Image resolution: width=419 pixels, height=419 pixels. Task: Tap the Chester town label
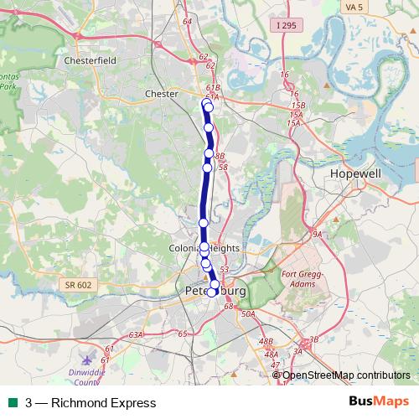pos(162,94)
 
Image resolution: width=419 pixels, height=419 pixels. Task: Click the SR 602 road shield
pos(77,285)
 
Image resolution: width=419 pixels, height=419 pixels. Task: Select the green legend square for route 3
pos(13,403)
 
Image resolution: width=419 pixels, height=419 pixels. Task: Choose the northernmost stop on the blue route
pos(208,106)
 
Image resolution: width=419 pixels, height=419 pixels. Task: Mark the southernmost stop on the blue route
pos(212,292)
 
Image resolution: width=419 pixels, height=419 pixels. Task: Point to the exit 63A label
pos(136,334)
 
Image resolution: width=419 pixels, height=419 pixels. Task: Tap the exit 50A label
pos(247,314)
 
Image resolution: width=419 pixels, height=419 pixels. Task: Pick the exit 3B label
pos(314,339)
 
